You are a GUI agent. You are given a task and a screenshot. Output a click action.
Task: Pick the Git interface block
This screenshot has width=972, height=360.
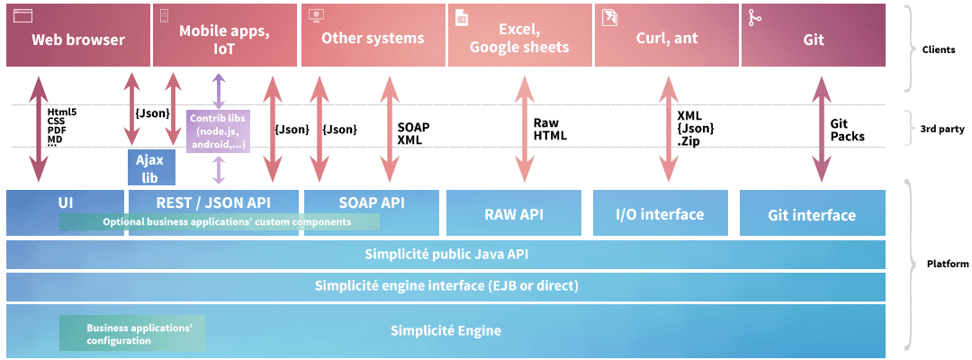(x=813, y=214)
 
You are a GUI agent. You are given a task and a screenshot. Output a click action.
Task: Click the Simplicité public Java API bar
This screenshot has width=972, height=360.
(x=445, y=254)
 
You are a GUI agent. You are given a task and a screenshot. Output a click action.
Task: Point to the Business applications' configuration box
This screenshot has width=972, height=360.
(x=131, y=334)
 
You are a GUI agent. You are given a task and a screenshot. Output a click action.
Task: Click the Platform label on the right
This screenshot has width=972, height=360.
(x=947, y=264)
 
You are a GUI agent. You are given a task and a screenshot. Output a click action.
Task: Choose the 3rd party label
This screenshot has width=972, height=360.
(x=944, y=129)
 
